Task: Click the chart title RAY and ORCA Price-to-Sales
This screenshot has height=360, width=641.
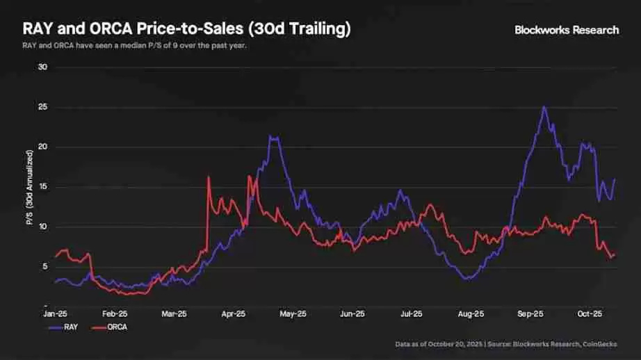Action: pos(186,29)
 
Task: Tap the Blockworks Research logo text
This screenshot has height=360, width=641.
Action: pos(566,30)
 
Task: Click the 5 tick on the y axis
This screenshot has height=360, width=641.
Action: pos(44,267)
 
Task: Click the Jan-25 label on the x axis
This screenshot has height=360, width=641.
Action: pos(55,313)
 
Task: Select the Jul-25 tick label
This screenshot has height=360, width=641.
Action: pos(411,313)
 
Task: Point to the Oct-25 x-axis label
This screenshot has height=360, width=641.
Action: pos(590,313)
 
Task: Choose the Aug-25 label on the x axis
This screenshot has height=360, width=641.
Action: pos(471,313)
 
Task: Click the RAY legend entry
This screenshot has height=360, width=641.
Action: pos(67,326)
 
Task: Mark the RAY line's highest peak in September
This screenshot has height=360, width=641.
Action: pos(544,108)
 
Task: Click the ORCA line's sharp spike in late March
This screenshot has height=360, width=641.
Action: pos(209,177)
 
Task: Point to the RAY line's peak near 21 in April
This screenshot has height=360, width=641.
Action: pos(273,138)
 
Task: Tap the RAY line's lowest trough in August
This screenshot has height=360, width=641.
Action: pos(468,279)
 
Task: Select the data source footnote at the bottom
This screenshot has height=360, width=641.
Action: pos(506,344)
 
